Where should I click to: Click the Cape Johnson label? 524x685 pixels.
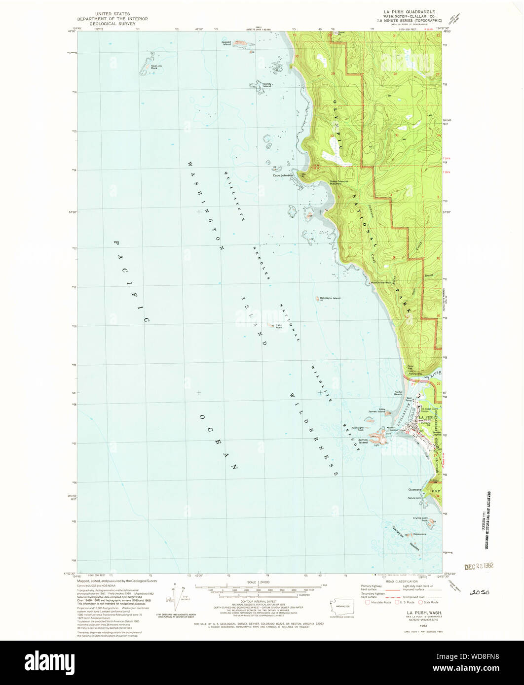pyautogui.click(x=284, y=175)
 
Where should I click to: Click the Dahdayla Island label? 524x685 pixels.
pyautogui.click(x=330, y=298)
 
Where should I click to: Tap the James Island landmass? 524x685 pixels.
pyautogui.click(x=380, y=436)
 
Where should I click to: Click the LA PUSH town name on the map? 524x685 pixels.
pyautogui.click(x=427, y=417)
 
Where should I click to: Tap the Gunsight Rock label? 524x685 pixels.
pyautogui.click(x=357, y=429)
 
